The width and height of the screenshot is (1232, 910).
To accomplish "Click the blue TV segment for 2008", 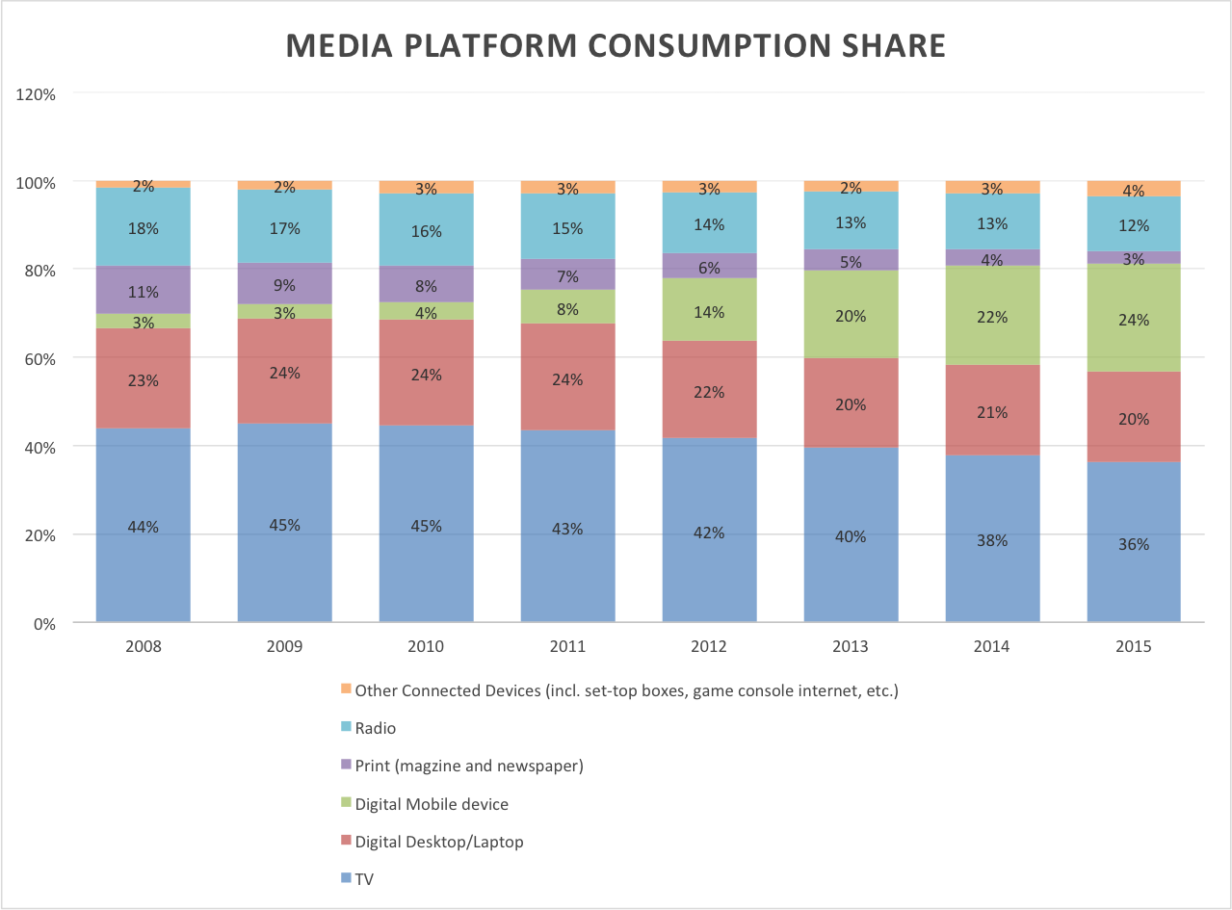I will (143, 568).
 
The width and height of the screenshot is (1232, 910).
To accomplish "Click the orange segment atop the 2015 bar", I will (1134, 188).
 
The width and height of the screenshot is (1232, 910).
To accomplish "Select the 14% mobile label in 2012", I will (709, 312).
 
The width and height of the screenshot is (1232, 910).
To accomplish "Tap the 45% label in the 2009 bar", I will (284, 525).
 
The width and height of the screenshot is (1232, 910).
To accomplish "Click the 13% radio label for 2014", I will (992, 223).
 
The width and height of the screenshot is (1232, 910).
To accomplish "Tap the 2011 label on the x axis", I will (567, 647).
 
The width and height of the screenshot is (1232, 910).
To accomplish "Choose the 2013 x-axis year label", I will (851, 647).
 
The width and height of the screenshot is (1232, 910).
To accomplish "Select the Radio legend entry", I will (375, 728).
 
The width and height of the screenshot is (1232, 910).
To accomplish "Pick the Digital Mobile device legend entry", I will (431, 804).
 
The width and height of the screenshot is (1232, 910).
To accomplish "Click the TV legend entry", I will (365, 879).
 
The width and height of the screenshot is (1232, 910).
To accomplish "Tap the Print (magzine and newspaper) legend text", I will (469, 766).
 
